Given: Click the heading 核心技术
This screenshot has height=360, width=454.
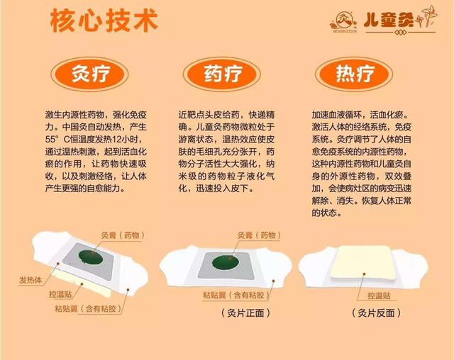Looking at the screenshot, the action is click(x=104, y=21).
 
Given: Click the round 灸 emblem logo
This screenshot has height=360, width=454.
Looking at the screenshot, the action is click(x=343, y=21).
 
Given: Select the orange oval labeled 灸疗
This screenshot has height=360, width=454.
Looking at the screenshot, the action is click(x=89, y=74).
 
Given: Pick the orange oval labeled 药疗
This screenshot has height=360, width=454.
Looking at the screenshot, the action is click(x=222, y=74).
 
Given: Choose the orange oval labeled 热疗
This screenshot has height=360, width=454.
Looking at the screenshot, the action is click(x=354, y=74).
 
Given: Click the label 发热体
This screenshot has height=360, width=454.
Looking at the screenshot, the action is click(x=31, y=280).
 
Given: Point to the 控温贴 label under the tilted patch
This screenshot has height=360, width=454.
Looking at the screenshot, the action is click(x=60, y=294).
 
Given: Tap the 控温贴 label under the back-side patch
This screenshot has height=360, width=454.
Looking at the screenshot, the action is click(x=379, y=296).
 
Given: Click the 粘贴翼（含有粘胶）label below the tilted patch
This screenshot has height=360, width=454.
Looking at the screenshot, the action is click(x=88, y=308).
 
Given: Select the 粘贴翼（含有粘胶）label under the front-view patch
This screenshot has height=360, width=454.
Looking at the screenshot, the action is click(x=236, y=295).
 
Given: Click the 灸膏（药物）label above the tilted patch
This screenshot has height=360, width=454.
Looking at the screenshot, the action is click(x=123, y=235).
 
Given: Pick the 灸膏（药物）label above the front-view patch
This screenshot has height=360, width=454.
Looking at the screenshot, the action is click(x=259, y=235).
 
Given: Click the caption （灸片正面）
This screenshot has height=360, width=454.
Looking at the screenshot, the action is click(x=245, y=313).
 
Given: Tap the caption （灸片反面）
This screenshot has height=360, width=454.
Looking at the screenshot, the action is click(x=377, y=313).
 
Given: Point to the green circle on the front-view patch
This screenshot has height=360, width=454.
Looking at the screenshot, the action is click(x=226, y=262).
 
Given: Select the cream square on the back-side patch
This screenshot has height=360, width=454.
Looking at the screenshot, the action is click(x=364, y=262).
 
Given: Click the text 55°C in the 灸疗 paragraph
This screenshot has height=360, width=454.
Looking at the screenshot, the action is click(x=58, y=139).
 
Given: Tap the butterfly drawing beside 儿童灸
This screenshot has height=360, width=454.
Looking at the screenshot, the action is click(x=427, y=16).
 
